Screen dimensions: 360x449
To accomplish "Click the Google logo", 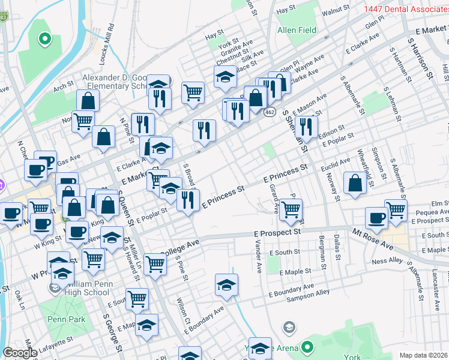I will tap(20, 353).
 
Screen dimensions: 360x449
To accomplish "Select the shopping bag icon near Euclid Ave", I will tap(355, 184).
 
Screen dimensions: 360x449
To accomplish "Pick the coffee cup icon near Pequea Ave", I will tap(377, 218).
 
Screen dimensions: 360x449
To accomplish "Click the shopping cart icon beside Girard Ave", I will tap(291, 210).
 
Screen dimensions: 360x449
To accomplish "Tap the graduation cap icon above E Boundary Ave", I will tap(226, 285).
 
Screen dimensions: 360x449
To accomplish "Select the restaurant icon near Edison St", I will tap(306, 127).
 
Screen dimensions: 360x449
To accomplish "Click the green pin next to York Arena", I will tap(307, 347).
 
